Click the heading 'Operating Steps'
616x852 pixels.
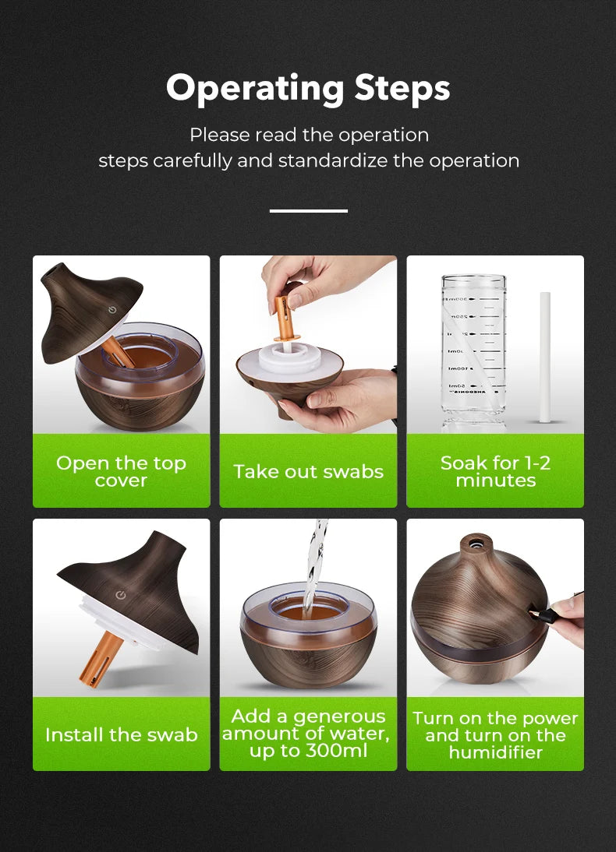[x=308, y=88]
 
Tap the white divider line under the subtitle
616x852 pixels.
[x=308, y=210]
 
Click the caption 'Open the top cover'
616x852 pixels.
[x=121, y=472]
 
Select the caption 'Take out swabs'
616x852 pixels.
[x=308, y=472]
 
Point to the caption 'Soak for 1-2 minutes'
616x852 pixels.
[x=495, y=472]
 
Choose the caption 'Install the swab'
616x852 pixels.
[x=121, y=734]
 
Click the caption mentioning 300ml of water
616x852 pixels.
[x=308, y=734]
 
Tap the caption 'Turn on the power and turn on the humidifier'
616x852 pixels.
[x=495, y=735]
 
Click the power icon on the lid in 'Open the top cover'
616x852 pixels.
[x=114, y=309]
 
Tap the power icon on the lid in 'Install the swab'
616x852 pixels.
[x=120, y=595]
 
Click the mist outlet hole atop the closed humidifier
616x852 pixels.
[x=469, y=539]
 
